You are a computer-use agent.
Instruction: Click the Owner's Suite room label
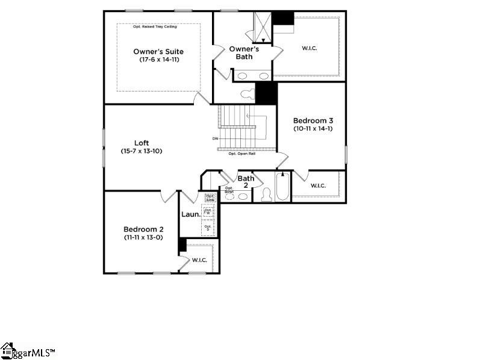[x=158, y=52]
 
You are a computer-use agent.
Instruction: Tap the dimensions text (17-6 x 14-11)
[x=158, y=60]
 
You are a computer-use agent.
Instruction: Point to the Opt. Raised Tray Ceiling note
[x=158, y=26]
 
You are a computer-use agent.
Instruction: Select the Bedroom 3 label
[x=312, y=120]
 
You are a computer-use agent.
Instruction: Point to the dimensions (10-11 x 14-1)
[x=312, y=128]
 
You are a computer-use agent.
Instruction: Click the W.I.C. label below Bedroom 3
[x=318, y=185]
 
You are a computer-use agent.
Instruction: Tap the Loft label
[x=142, y=143]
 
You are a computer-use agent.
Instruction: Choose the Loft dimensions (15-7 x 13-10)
[x=142, y=151]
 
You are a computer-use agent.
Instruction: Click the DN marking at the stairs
[x=215, y=139]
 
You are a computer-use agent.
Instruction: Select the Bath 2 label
[x=246, y=182]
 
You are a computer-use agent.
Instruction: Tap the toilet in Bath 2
[x=266, y=194]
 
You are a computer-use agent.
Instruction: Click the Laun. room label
[x=190, y=213]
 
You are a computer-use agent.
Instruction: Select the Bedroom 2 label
[x=143, y=229]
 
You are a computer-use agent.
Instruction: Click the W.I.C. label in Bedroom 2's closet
[x=199, y=260]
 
